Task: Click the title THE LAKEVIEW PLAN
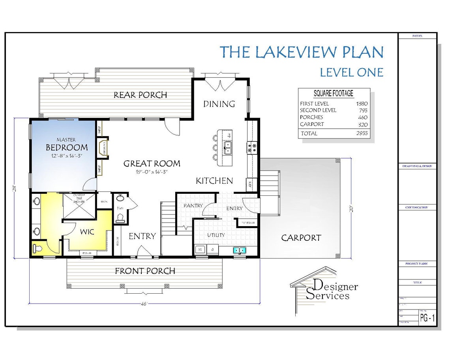(301, 52)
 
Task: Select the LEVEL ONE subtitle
(351, 72)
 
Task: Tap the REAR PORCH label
(140, 95)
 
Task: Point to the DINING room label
(219, 104)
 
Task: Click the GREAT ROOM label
(152, 163)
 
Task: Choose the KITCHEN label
(214, 181)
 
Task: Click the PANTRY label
(193, 206)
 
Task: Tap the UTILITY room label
(216, 235)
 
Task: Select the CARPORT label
(301, 238)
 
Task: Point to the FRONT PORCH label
(145, 271)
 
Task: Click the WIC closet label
(87, 232)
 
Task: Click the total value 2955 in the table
(362, 133)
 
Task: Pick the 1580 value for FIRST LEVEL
(362, 103)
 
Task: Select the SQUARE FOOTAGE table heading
(333, 94)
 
